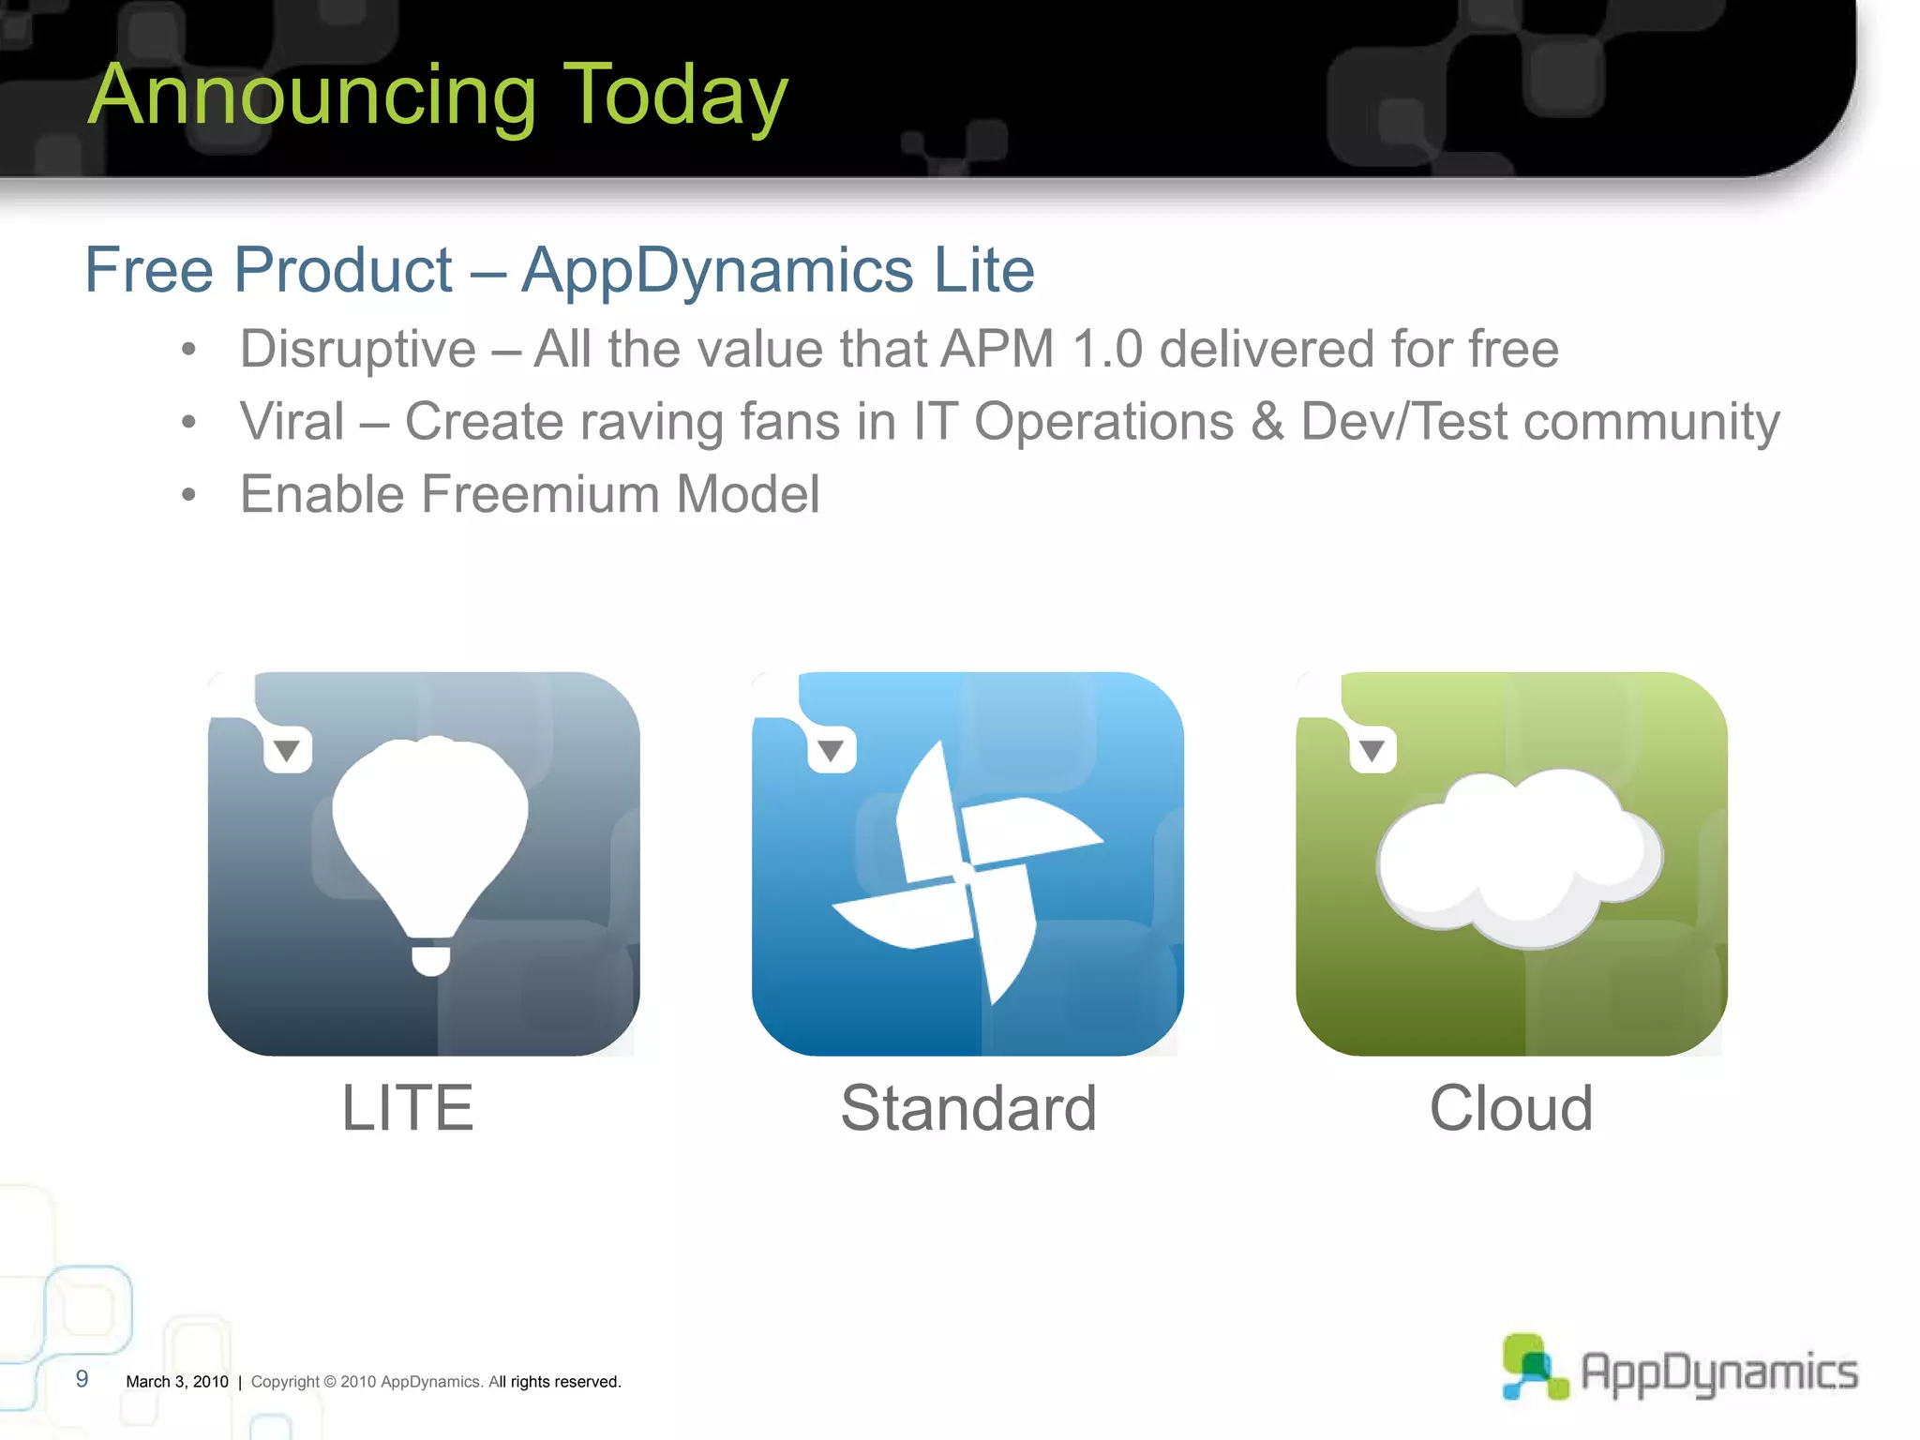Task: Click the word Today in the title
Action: point(675,96)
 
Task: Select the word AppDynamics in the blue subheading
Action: point(717,271)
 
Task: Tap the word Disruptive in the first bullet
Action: point(358,350)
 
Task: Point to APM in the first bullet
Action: point(997,349)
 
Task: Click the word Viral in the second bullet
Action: point(292,421)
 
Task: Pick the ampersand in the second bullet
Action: point(1267,421)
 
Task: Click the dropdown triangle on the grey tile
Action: point(287,750)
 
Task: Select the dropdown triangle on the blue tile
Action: point(831,750)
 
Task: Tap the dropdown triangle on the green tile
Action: point(1372,750)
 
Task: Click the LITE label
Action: point(408,1108)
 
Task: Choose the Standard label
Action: point(968,1108)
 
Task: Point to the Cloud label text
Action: point(1510,1108)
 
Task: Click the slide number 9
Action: point(82,1379)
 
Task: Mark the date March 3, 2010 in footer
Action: point(177,1382)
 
